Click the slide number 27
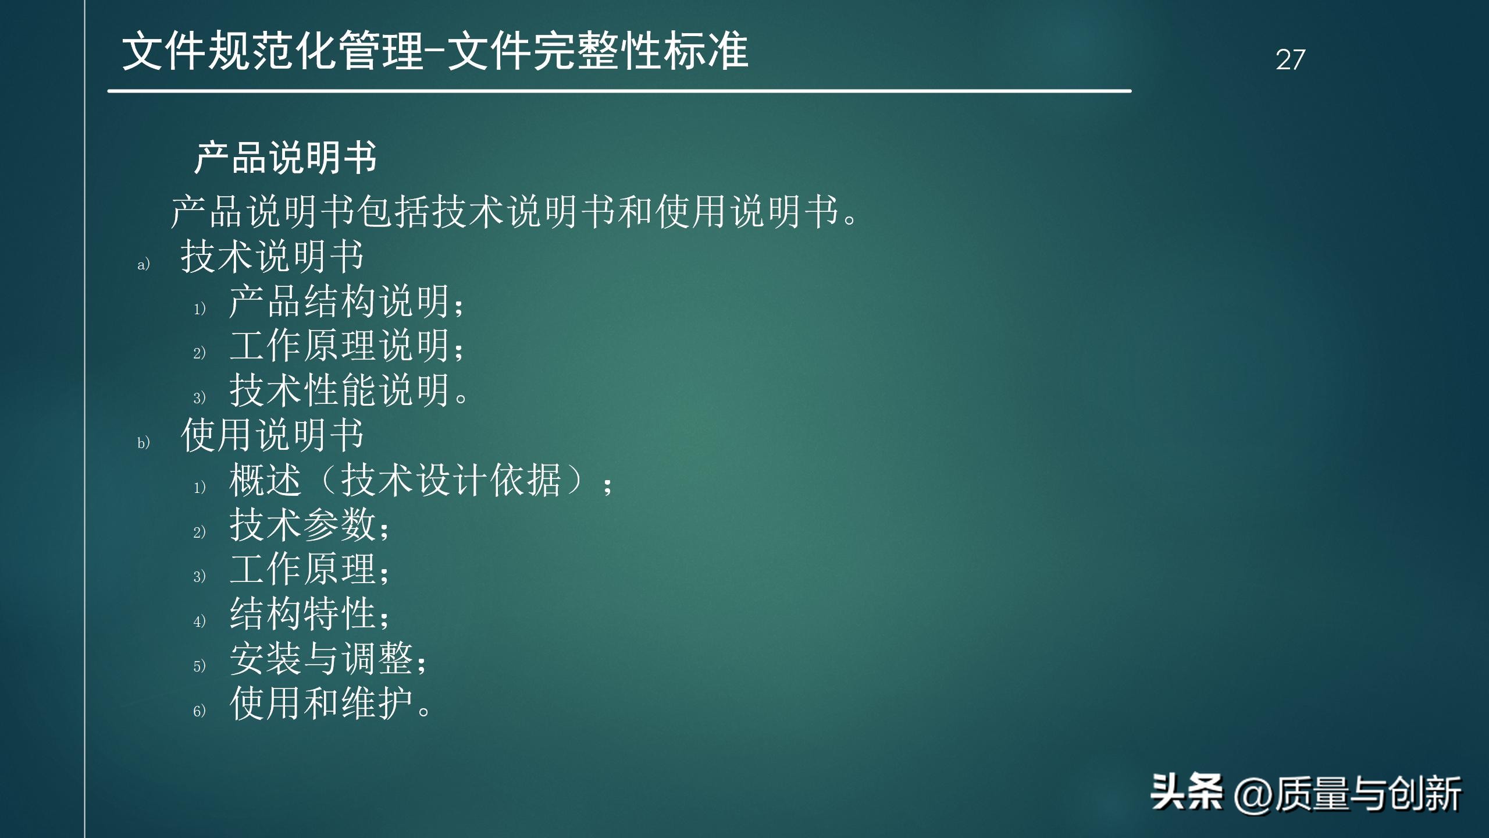tap(1290, 60)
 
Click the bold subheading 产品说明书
tap(286, 158)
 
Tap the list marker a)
tap(143, 265)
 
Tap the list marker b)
tap(143, 443)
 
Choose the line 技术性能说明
tap(348, 390)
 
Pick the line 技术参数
tap(309, 525)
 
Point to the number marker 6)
tap(200, 711)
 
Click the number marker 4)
tap(200, 622)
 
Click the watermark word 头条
tap(1186, 793)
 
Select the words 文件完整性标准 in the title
tap(598, 51)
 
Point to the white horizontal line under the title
tap(619, 91)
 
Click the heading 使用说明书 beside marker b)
tap(272, 435)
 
